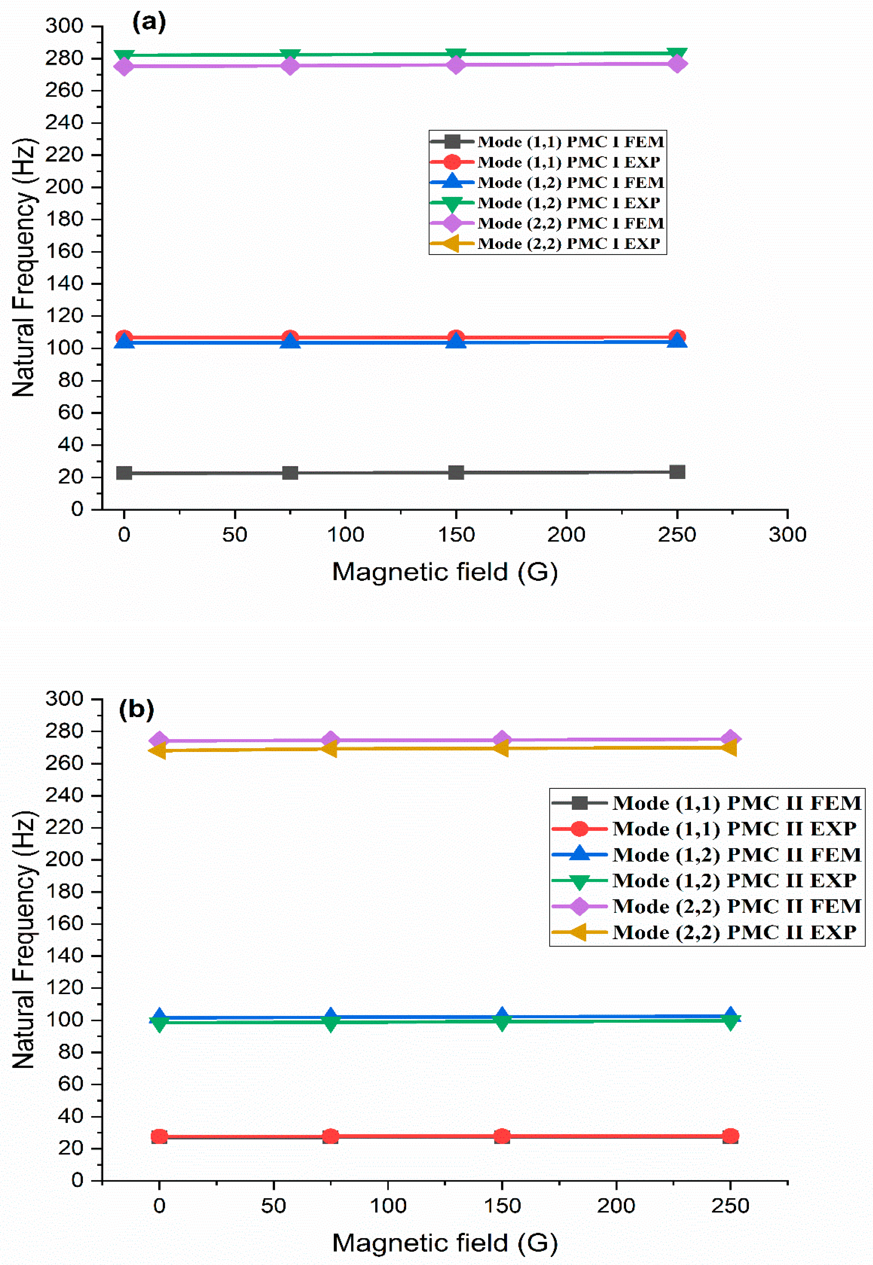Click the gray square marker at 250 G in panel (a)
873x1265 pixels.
677,472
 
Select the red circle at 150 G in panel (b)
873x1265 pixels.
501,1137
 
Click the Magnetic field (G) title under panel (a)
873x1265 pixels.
445,572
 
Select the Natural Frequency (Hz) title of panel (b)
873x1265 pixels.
24,939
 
